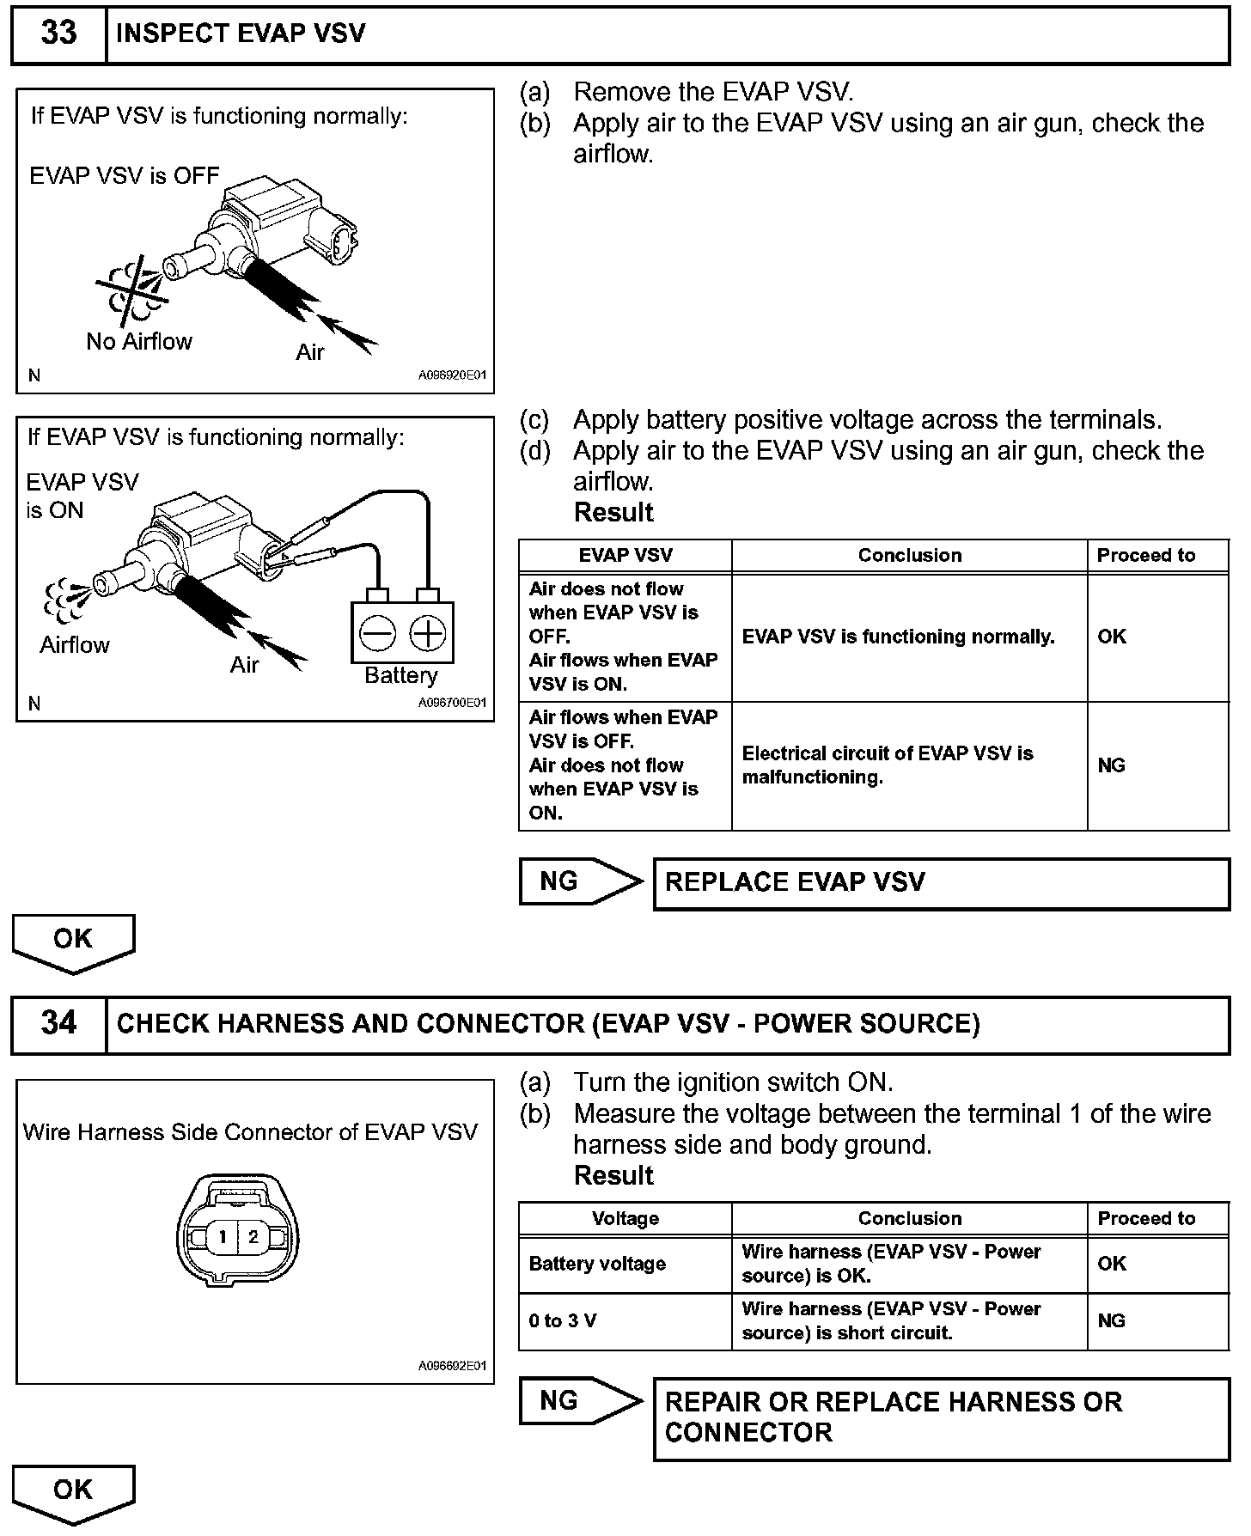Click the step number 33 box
[x=58, y=34]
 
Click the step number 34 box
[x=58, y=1024]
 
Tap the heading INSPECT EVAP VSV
[x=241, y=34]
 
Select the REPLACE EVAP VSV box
[x=941, y=883]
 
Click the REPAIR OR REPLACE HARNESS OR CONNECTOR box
[x=941, y=1418]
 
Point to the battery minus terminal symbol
[x=377, y=634]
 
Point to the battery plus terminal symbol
[x=427, y=634]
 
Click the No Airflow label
[x=139, y=342]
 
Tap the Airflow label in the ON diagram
[x=75, y=645]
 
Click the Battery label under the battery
[x=401, y=676]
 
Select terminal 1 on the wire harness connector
[x=223, y=1237]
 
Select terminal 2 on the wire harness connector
[x=253, y=1237]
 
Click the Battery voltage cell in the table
[x=598, y=1264]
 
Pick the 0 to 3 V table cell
[x=563, y=1321]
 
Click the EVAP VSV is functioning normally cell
[x=898, y=637]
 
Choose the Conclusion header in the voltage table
[x=909, y=1219]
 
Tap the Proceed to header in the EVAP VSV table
[x=1146, y=556]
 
